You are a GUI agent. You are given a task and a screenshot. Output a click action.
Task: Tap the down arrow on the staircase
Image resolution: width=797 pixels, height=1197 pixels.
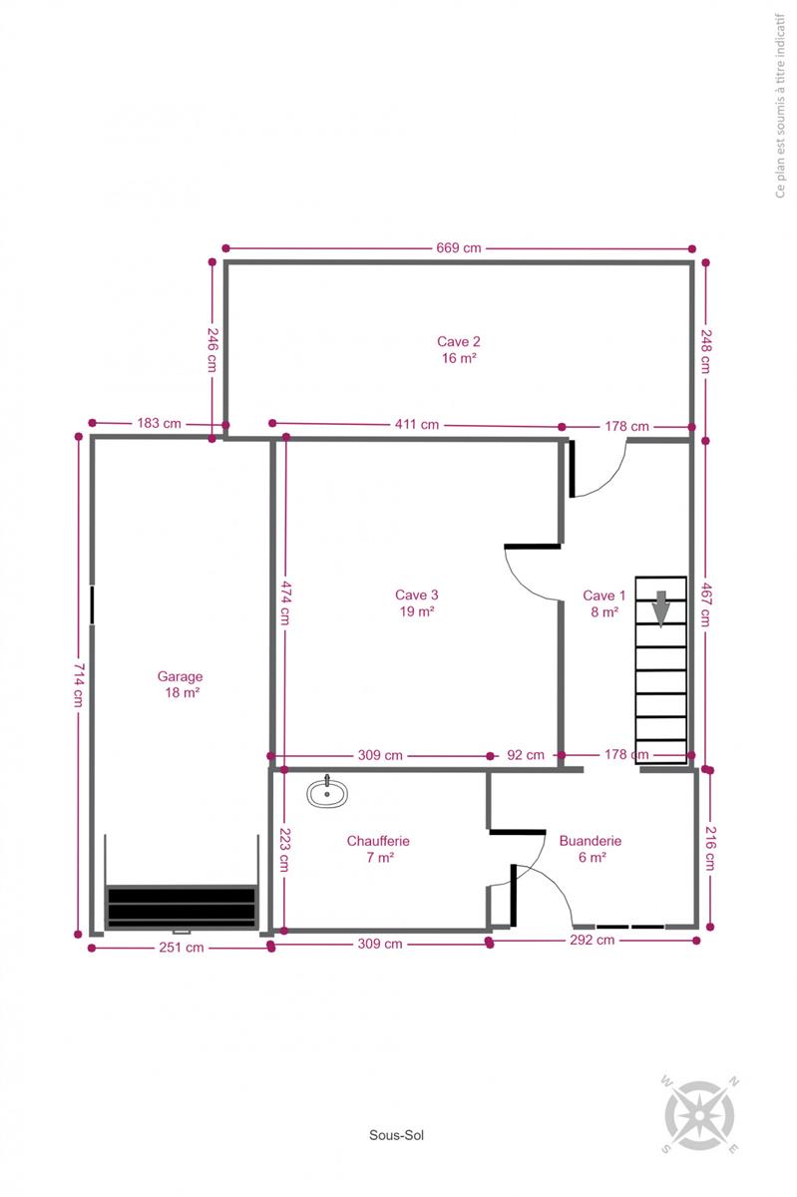[661, 608]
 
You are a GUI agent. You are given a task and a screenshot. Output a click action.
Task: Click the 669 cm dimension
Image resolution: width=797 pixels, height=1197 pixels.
[459, 247]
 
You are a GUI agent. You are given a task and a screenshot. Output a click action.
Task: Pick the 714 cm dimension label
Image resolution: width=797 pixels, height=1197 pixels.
[79, 684]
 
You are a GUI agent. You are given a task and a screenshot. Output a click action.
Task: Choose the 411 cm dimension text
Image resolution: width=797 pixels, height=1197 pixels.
[417, 424]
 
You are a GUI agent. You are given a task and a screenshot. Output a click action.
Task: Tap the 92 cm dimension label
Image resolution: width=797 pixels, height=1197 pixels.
[526, 755]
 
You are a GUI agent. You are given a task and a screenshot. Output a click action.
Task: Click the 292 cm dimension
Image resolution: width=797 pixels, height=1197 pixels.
[593, 940]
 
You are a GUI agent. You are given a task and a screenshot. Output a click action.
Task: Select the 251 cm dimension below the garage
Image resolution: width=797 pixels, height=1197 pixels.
[182, 948]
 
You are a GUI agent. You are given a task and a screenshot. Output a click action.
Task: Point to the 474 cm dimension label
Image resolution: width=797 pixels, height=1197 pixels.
[286, 602]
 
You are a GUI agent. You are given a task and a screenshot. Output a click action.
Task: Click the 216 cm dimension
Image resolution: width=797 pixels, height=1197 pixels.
[711, 849]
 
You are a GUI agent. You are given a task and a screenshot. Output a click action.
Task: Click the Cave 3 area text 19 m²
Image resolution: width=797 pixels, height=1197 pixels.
[417, 611]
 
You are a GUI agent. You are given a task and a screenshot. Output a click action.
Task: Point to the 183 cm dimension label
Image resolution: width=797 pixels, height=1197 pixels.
[159, 423]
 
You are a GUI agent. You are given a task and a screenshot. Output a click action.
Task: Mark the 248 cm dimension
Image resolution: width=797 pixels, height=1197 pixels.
[706, 351]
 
